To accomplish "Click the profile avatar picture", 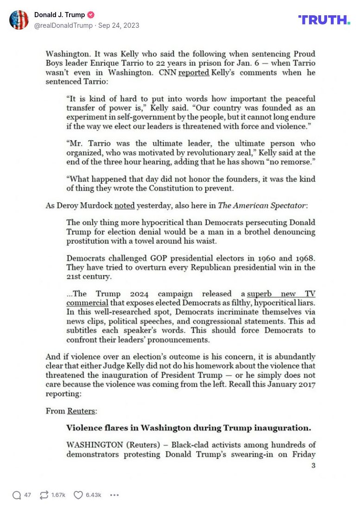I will coord(19,20).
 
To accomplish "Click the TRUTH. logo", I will coord(324,19).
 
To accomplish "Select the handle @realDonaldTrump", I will coord(63,25).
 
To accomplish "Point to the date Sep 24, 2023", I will coord(119,25).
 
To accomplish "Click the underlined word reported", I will coord(194,73).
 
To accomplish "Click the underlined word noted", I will coord(124,206).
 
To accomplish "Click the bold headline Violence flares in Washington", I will coord(189,427).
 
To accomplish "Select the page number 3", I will coord(313,465).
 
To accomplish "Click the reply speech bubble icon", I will coord(17,495).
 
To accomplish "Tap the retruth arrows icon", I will coord(44,495).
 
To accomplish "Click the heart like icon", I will coord(78,495).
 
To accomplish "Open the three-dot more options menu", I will coord(114,495).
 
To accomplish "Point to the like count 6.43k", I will coord(94,495).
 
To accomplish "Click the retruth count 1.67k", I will coord(58,495).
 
